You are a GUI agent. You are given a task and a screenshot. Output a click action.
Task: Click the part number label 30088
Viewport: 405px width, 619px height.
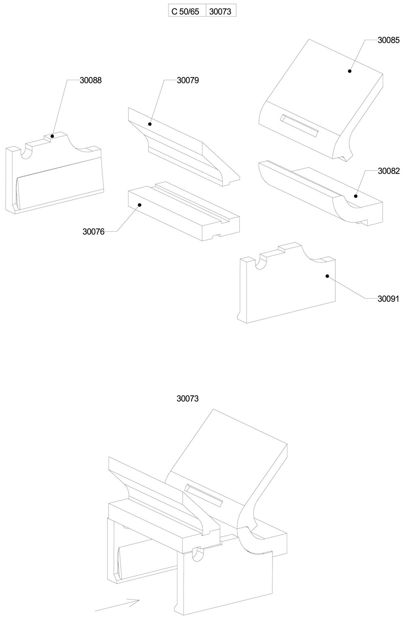click(90, 80)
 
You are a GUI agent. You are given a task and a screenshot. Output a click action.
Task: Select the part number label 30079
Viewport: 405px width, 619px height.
click(188, 80)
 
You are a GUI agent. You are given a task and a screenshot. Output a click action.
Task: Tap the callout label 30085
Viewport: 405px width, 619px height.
click(388, 40)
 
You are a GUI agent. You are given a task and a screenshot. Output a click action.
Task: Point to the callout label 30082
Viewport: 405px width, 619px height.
click(388, 171)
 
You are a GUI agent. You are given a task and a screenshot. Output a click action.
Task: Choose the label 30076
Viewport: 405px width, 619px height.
click(94, 232)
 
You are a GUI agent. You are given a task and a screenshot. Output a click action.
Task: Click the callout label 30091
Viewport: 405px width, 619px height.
click(388, 299)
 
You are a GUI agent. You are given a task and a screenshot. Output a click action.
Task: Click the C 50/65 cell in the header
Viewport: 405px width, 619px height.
click(185, 11)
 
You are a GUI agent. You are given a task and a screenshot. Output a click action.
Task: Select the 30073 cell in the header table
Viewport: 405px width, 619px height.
click(220, 11)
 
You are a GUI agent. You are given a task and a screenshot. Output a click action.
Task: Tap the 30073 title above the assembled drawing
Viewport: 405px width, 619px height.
click(188, 399)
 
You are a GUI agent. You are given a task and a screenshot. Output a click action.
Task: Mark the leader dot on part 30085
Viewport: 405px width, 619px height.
click(349, 71)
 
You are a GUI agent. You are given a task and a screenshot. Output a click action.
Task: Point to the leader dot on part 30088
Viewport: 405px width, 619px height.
click(52, 137)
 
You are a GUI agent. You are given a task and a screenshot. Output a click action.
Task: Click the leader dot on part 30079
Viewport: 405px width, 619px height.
click(150, 124)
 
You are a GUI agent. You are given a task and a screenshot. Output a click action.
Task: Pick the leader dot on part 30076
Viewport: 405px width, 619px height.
click(139, 205)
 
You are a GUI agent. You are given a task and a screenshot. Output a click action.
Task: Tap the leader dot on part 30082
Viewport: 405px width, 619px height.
click(356, 196)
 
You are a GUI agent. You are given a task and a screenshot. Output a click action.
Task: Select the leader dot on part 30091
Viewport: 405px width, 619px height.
click(326, 276)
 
